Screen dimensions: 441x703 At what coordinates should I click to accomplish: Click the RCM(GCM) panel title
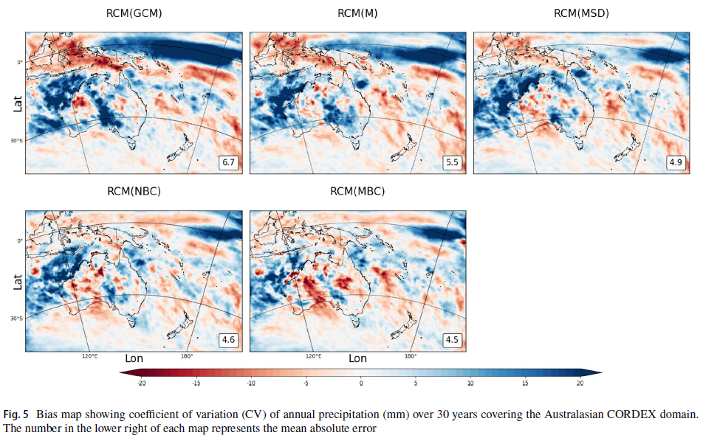pos(134,13)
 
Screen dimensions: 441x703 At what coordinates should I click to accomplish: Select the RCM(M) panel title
pos(357,13)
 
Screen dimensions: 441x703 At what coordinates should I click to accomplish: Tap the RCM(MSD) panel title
pos(581,13)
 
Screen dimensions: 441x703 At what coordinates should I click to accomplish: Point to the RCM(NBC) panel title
pos(134,192)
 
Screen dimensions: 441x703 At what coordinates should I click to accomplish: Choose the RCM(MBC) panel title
pos(357,192)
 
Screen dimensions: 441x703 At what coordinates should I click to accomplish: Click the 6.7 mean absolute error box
pos(228,162)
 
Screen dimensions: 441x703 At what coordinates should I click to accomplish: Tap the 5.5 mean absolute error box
pos(452,162)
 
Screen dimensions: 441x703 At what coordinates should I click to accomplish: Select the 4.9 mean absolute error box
pos(676,162)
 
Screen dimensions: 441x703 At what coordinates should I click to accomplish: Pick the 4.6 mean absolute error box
pos(228,340)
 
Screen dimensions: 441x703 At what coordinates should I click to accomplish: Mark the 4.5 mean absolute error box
pos(452,340)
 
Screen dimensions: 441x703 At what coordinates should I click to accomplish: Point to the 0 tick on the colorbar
pos(361,383)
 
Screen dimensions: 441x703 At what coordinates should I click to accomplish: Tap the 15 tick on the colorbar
pos(525,383)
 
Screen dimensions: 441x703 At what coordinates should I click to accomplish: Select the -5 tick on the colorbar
pos(306,383)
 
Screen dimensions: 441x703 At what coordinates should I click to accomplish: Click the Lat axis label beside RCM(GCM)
pos(16,103)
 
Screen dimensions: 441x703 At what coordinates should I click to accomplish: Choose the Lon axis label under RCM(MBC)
pos(357,359)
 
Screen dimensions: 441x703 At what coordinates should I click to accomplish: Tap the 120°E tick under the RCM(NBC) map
pos(89,356)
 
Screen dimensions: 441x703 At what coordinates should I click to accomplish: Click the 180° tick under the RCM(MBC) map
pos(410,356)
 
